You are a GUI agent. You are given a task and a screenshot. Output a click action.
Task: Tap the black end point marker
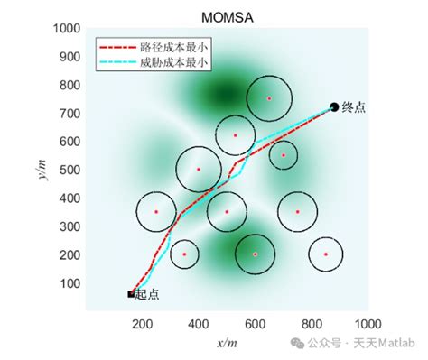pyautogui.click(x=334, y=107)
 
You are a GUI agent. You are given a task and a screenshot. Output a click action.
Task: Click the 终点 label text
pyautogui.click(x=354, y=107)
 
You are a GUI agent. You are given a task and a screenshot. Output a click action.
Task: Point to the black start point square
pyautogui.click(x=131, y=293)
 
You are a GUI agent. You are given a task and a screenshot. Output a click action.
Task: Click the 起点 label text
pyautogui.click(x=146, y=294)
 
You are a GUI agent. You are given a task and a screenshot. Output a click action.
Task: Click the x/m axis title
pyautogui.click(x=226, y=342)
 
